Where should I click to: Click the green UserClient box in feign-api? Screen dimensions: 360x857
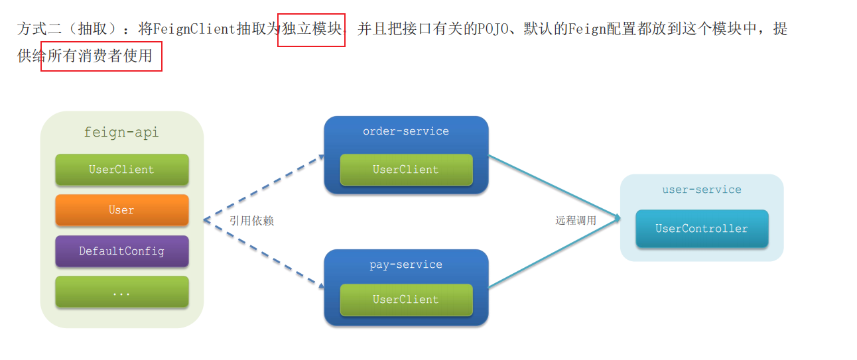[121, 170]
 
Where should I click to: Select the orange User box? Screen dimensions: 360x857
[121, 210]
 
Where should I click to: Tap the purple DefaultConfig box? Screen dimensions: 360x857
[121, 251]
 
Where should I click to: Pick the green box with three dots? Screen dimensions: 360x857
[121, 292]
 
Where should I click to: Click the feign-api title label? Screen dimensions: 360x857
[121, 133]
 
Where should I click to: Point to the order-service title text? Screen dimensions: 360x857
[405, 131]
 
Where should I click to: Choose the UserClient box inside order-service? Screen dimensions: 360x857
[405, 170]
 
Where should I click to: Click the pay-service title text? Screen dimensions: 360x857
[405, 265]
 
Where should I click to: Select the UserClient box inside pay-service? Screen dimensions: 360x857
[405, 300]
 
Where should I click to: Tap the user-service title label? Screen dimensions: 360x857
[701, 190]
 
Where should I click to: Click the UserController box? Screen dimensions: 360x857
[701, 229]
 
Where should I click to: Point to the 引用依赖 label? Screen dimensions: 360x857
[251, 221]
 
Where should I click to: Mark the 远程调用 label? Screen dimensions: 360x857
[575, 221]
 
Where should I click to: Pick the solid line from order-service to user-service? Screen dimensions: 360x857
[554, 186]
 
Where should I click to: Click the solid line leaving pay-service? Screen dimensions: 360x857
[554, 254]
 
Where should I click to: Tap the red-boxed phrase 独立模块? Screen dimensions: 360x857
[312, 29]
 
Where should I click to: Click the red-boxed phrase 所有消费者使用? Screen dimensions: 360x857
[101, 56]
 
